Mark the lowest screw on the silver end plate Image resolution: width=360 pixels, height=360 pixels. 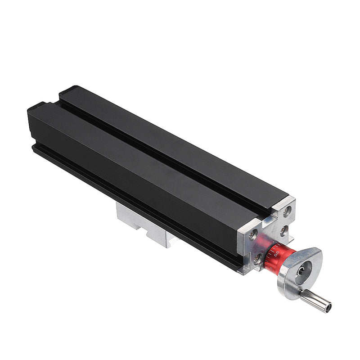click(257, 259)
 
